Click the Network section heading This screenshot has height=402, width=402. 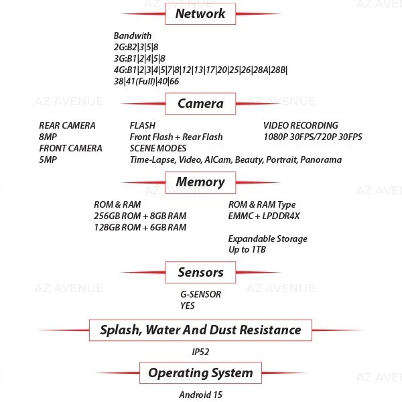(x=200, y=13)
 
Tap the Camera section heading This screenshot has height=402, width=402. (x=200, y=104)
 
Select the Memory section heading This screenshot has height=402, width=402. (x=200, y=182)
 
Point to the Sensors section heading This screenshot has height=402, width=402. (x=200, y=272)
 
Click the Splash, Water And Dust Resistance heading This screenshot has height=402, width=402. (x=200, y=330)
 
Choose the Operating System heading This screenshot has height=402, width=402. (x=200, y=373)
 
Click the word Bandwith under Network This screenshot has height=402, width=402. (x=133, y=36)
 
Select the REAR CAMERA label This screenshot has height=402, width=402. (x=67, y=125)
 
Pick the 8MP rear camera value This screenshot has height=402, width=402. (x=48, y=137)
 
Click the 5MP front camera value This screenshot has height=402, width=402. (x=48, y=159)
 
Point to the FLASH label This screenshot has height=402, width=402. (x=142, y=125)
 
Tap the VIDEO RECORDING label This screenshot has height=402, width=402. (x=300, y=125)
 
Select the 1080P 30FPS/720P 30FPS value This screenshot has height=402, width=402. (x=312, y=137)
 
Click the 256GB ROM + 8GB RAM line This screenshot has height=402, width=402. (x=140, y=216)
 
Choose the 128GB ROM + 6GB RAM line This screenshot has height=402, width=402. (x=140, y=227)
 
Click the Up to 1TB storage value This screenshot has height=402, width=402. (x=247, y=250)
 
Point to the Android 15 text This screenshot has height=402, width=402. (x=200, y=394)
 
